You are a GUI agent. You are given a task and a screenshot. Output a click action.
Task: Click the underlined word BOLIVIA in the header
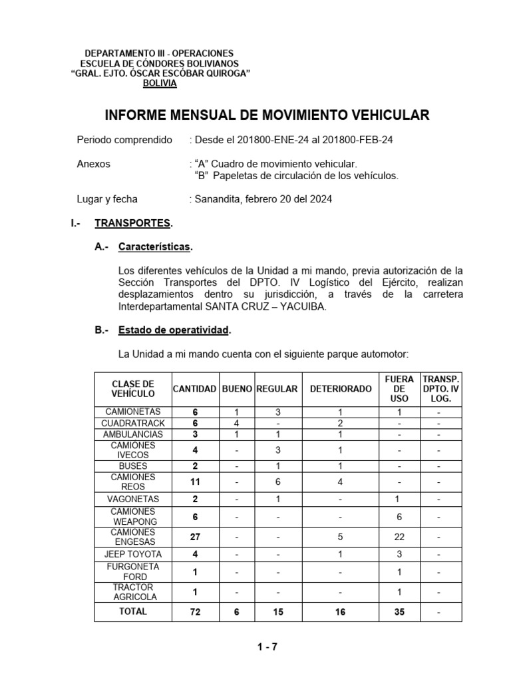(x=160, y=83)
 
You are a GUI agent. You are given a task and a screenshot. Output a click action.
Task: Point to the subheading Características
(x=155, y=247)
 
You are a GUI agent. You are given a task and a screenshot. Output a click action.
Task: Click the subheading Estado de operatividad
(x=174, y=330)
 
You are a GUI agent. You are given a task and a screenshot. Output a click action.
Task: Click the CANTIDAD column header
(x=194, y=388)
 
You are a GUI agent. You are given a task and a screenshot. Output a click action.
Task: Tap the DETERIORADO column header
(x=341, y=388)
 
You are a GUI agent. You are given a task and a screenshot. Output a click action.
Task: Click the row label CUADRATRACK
(x=133, y=423)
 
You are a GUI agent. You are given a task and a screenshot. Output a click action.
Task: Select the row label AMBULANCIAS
(x=133, y=434)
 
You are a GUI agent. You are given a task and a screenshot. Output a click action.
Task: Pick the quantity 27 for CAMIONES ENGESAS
(x=194, y=537)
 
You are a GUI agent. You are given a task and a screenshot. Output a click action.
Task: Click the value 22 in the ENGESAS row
(x=399, y=537)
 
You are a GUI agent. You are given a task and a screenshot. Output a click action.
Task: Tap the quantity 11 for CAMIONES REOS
(x=194, y=482)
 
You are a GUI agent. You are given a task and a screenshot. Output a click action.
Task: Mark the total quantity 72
(x=194, y=611)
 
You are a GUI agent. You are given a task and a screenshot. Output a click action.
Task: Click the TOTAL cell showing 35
(x=399, y=611)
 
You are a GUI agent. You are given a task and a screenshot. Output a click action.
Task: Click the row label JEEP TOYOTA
(x=133, y=553)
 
